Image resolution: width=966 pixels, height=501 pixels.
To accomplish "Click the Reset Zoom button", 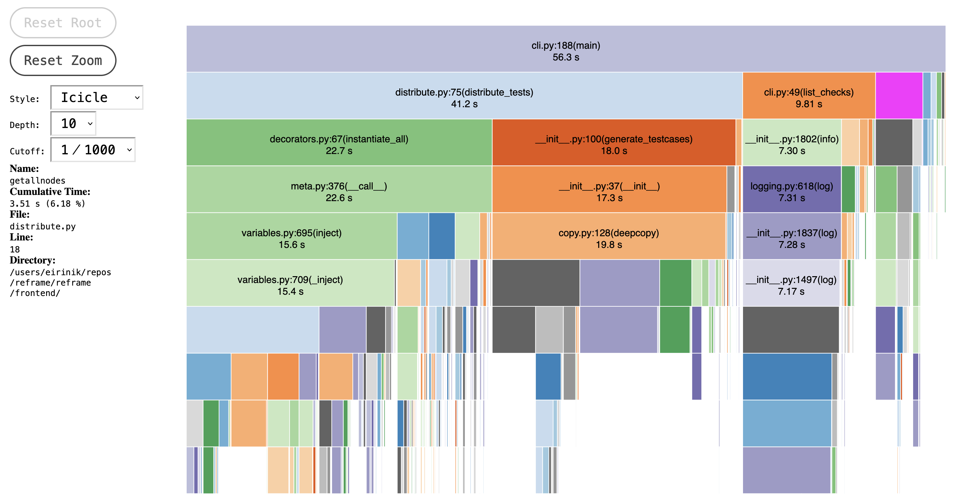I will [x=63, y=60].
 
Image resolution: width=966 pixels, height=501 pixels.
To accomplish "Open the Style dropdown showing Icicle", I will [x=97, y=97].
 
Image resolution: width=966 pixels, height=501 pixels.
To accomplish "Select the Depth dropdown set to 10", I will [x=73, y=123].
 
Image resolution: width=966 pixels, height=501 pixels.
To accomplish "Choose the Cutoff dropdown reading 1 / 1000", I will [x=93, y=150].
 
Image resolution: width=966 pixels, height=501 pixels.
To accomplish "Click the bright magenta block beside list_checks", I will [x=898, y=96].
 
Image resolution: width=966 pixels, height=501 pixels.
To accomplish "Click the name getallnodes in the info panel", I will [x=38, y=181].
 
